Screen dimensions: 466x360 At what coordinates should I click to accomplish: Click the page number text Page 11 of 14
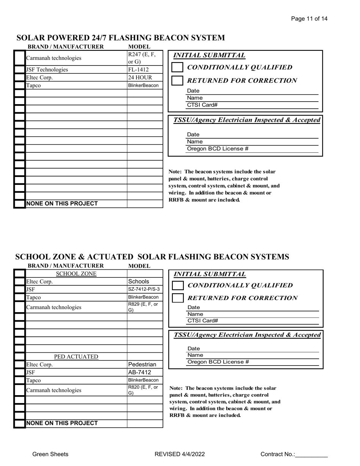309,19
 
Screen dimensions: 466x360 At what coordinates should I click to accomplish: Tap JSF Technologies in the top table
47,70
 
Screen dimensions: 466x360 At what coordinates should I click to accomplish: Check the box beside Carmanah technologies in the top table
19,58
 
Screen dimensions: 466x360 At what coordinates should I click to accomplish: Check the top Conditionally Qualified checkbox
177,67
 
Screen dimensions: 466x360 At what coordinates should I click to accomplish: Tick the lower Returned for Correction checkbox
177,298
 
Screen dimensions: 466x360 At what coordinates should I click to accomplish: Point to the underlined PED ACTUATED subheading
76,357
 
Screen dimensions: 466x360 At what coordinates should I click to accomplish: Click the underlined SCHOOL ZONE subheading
76,274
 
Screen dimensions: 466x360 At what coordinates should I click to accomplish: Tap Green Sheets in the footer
50,454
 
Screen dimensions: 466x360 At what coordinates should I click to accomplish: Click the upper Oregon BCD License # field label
218,149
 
